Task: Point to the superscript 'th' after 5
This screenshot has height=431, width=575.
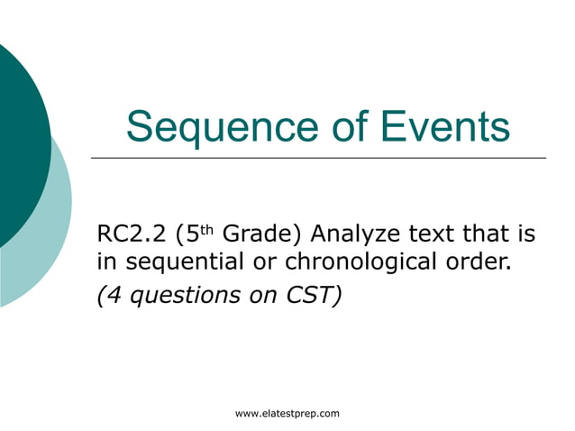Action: tap(205, 230)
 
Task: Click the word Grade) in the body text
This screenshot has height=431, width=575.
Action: tap(260, 236)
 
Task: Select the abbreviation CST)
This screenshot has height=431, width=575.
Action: tap(315, 295)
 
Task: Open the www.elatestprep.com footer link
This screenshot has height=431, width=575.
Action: tap(287, 414)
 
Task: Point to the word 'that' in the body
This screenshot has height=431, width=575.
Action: tap(492, 236)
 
